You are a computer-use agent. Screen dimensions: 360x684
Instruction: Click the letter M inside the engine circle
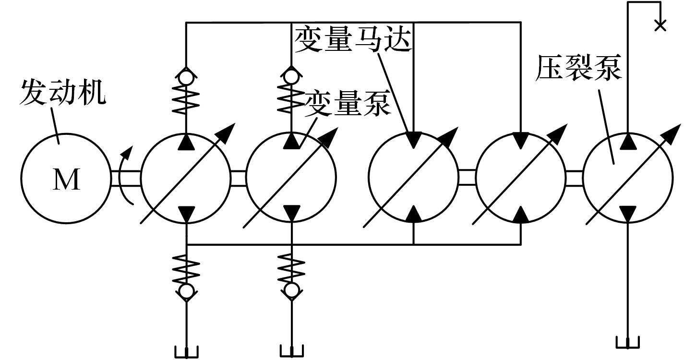point(66,180)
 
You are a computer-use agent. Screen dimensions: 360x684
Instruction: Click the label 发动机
point(62,93)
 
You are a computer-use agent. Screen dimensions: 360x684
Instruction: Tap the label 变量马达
point(353,40)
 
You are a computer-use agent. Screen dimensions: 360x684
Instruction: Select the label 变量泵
point(348,104)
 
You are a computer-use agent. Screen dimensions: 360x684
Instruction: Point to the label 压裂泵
point(578,68)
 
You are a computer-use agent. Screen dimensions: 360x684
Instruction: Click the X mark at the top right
point(660,25)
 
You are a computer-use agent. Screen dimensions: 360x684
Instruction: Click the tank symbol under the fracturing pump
point(628,342)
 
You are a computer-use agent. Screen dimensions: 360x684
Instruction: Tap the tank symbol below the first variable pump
point(186,351)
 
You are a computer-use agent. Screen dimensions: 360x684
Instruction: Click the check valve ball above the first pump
point(186,76)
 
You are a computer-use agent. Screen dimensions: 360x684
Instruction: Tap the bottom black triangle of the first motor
point(414,215)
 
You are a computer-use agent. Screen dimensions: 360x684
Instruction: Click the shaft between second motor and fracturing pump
point(574,178)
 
